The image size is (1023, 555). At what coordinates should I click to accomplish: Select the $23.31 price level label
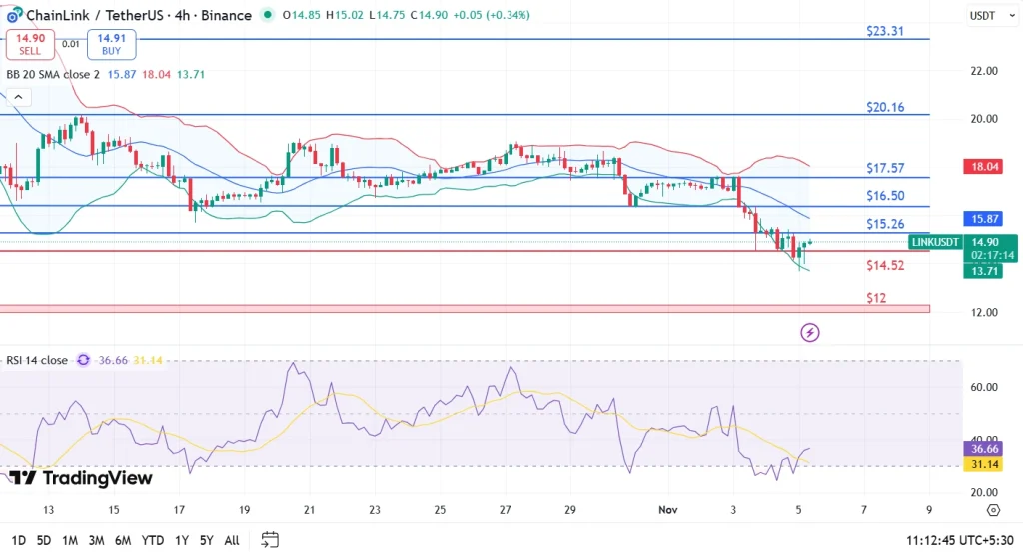[884, 31]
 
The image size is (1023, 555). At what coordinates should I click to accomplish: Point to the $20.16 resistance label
[884, 107]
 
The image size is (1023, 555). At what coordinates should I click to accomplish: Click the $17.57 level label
[884, 169]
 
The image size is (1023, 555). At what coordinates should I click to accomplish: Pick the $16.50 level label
[884, 196]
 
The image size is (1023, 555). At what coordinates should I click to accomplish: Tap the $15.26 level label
[884, 224]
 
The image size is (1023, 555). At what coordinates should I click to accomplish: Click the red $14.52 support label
[884, 265]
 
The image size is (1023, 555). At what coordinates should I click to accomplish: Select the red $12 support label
[876, 298]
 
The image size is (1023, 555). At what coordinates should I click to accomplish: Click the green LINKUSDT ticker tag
[936, 242]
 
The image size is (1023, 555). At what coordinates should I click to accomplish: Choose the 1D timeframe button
[17, 540]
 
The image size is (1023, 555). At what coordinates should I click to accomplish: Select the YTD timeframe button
[153, 540]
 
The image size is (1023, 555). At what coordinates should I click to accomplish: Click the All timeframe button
[231, 540]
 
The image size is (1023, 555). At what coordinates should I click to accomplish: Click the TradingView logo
[84, 478]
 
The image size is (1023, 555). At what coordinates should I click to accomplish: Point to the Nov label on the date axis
[669, 509]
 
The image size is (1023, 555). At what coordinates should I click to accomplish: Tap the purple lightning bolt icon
[810, 332]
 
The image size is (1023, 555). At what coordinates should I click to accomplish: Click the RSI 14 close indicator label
[37, 360]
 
